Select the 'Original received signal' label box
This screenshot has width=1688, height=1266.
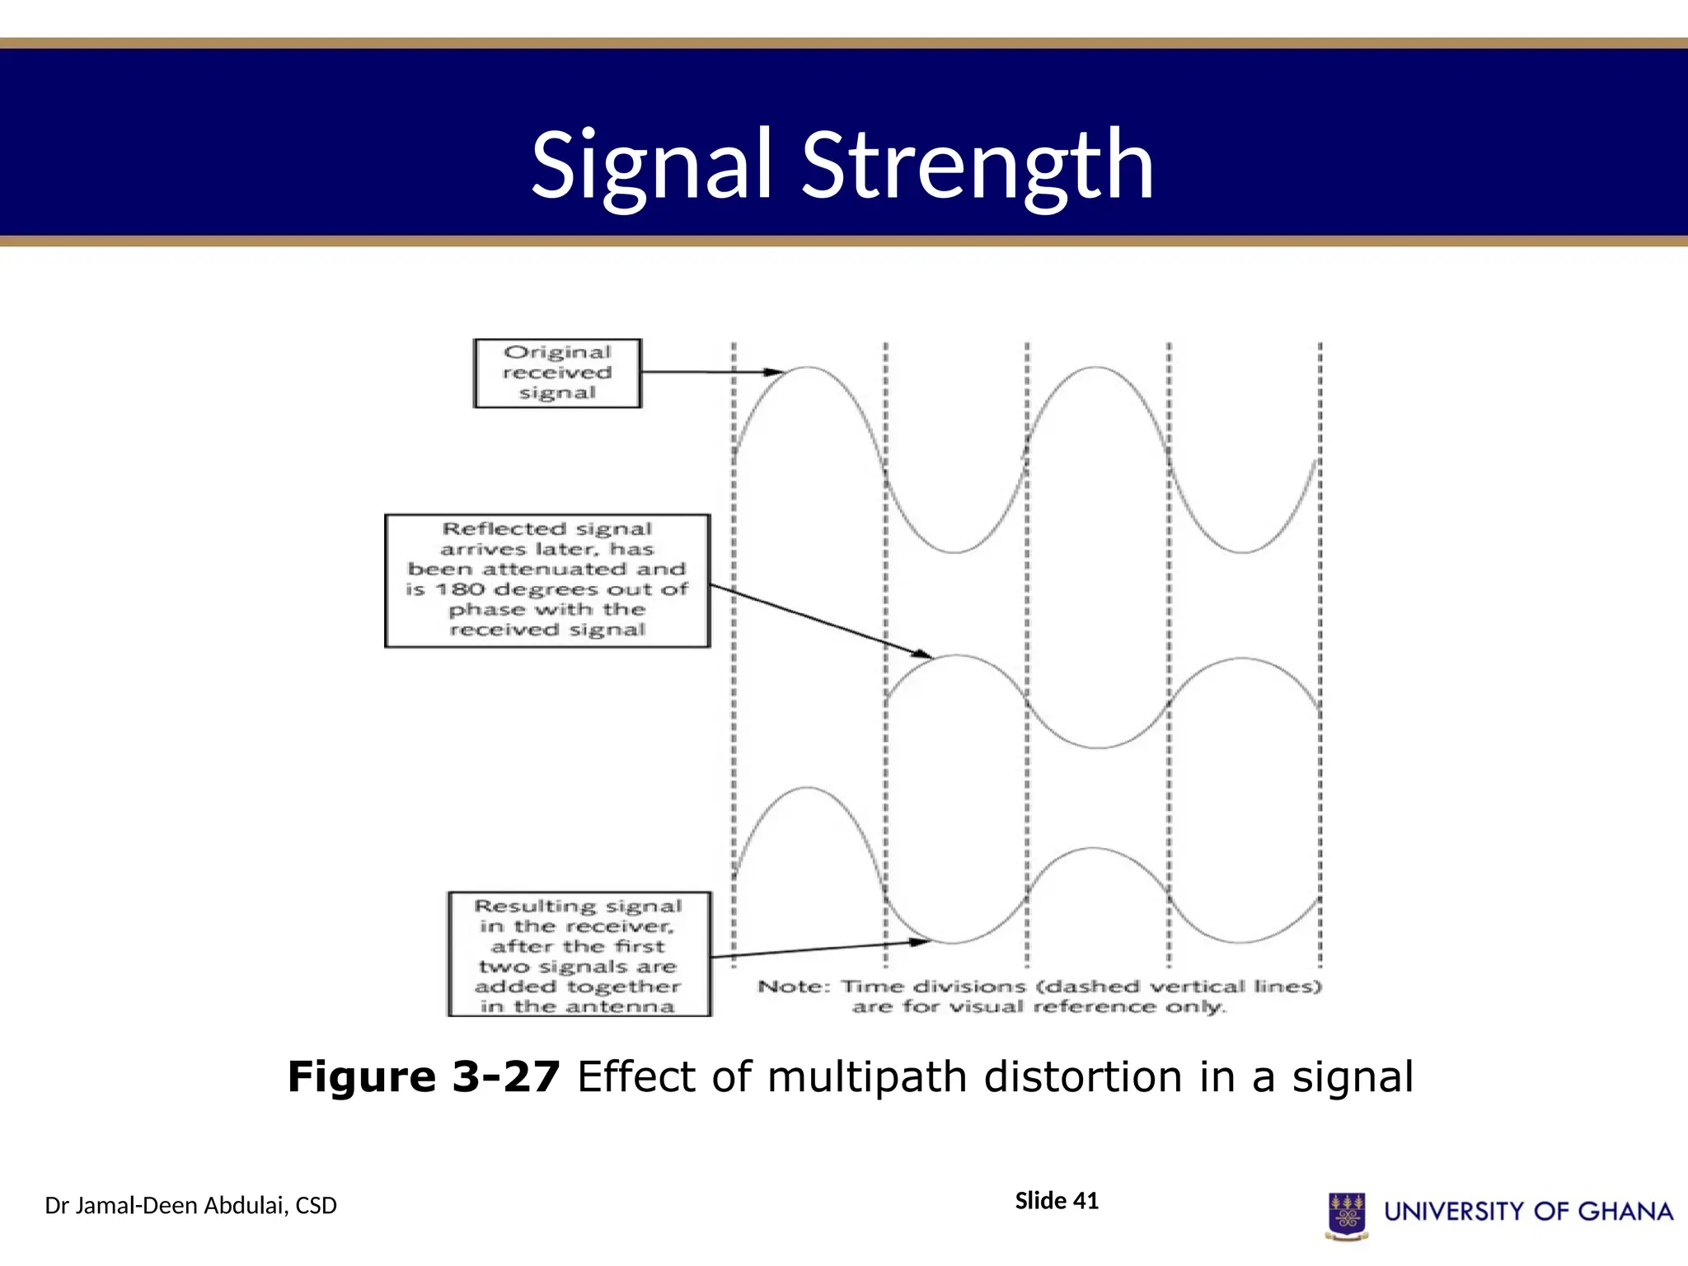click(x=557, y=373)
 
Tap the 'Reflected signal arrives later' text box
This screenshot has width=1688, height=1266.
click(x=547, y=580)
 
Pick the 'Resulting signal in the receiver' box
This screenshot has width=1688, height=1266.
click(x=579, y=954)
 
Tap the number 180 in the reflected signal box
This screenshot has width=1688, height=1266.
click(x=459, y=589)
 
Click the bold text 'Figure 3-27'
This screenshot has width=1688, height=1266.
click(x=424, y=1076)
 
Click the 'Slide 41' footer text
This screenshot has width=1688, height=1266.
click(x=1057, y=1201)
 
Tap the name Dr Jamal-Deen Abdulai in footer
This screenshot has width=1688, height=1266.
click(x=165, y=1206)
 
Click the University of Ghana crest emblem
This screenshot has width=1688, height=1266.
click(x=1347, y=1215)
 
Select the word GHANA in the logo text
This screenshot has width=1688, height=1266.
click(x=1625, y=1211)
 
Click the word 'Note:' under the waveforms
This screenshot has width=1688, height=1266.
click(x=794, y=987)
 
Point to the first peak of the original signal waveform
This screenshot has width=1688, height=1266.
click(x=808, y=368)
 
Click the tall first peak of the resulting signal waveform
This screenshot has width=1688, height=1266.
click(x=808, y=789)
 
